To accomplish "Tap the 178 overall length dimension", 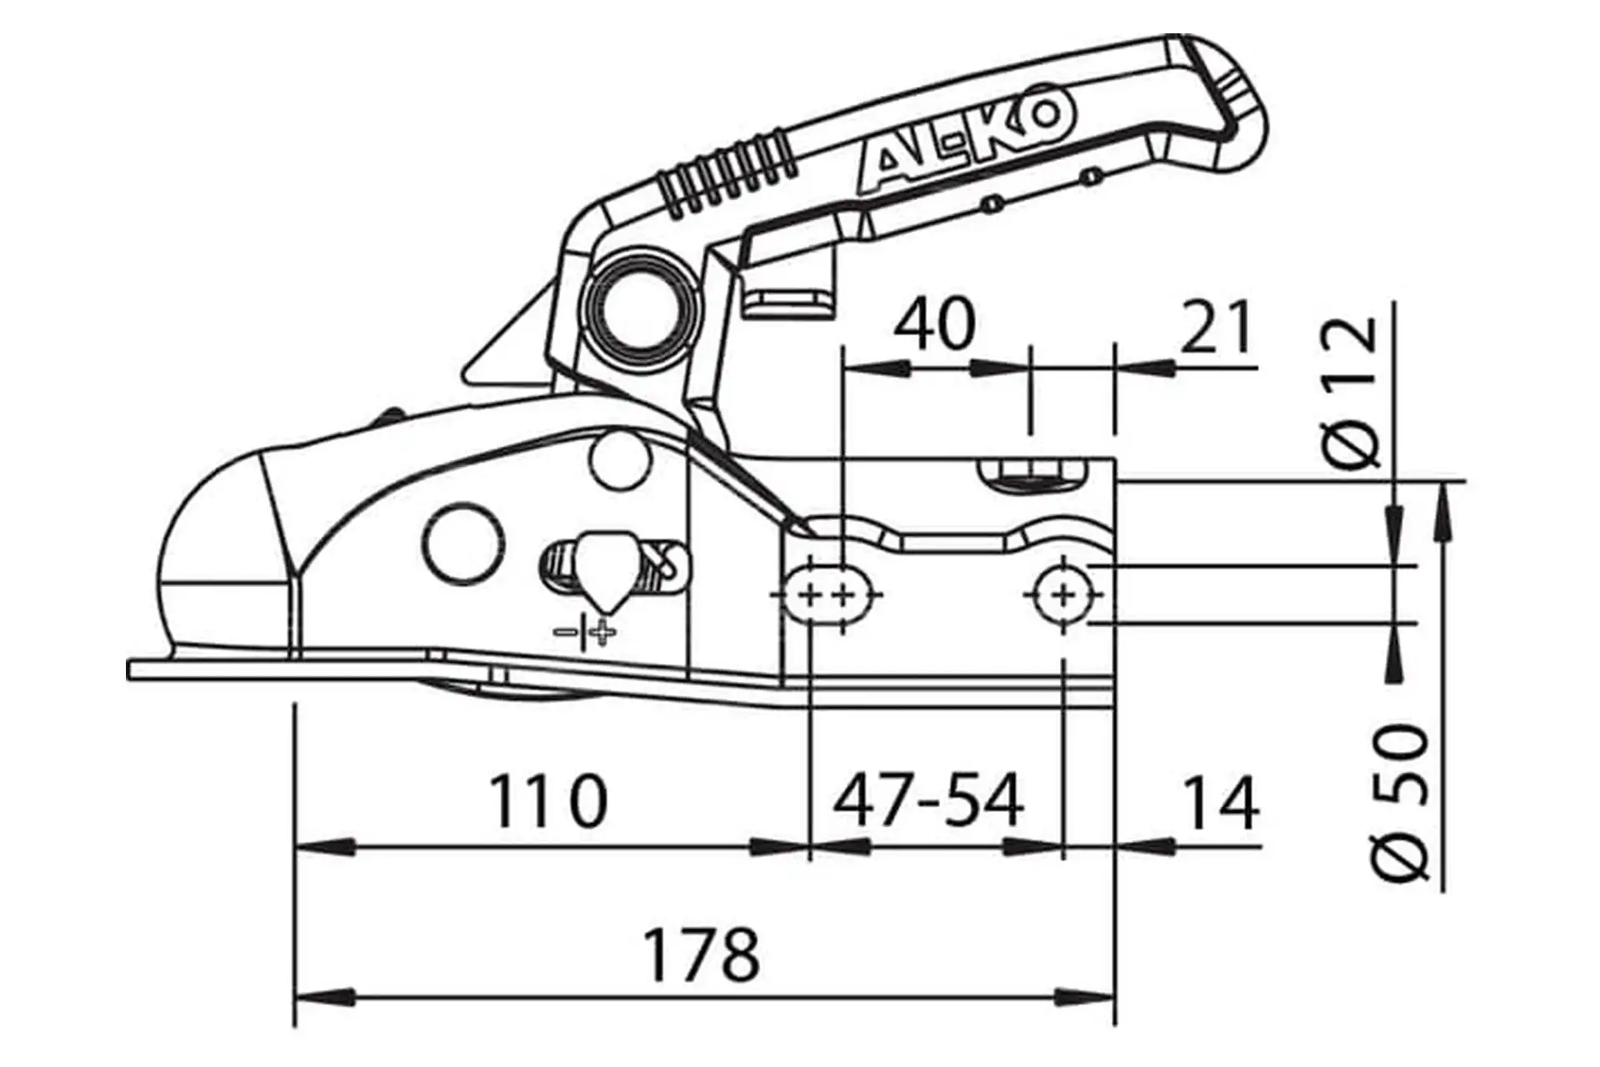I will pyautogui.click(x=702, y=954).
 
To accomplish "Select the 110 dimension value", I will pyautogui.click(x=547, y=801).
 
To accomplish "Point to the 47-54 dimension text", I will pyautogui.click(x=928, y=801).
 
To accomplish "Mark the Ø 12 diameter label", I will pyautogui.click(x=1350, y=393).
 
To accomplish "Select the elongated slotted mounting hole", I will pyautogui.click(x=827, y=595).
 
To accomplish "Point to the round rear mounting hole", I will pyautogui.click(x=1062, y=594).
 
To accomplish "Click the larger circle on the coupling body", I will pyautogui.click(x=464, y=543).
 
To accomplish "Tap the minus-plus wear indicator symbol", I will pyautogui.click(x=586, y=633).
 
